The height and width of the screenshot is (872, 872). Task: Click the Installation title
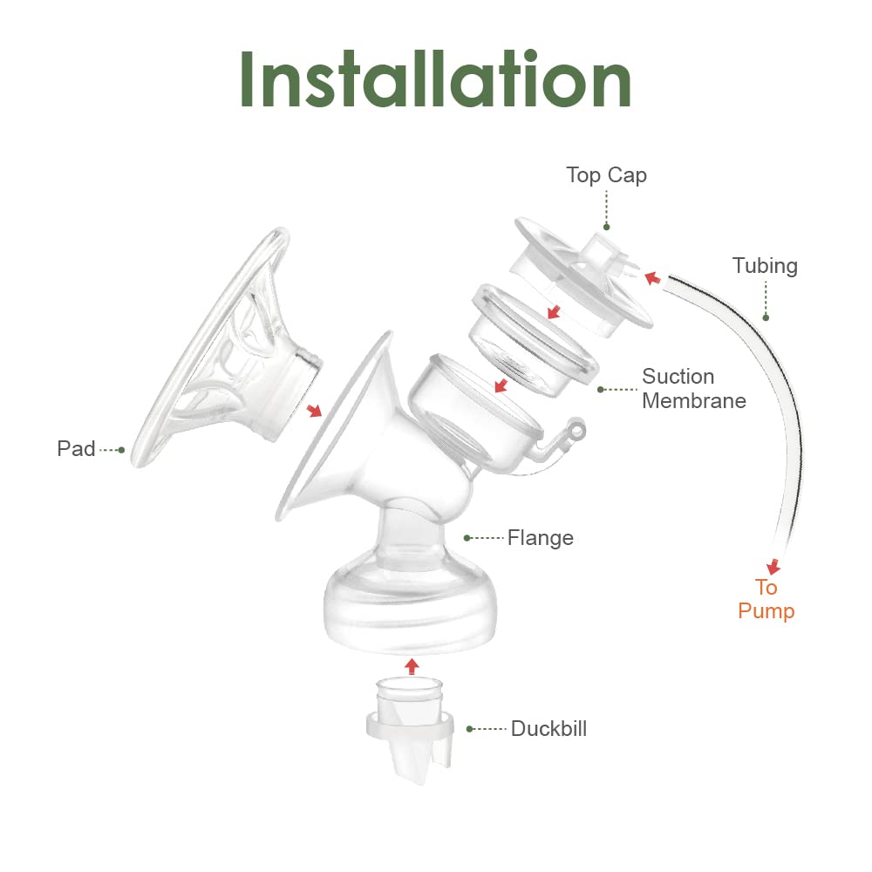click(x=435, y=80)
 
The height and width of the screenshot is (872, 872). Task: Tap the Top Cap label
click(x=606, y=174)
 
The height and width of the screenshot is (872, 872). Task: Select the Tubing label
click(x=765, y=265)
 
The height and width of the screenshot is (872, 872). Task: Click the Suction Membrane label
click(x=693, y=389)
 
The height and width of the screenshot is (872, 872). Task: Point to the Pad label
click(x=76, y=449)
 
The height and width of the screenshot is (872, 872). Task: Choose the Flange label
click(x=541, y=538)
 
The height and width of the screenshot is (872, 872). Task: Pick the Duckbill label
click(x=548, y=728)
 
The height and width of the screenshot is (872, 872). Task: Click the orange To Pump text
click(x=766, y=599)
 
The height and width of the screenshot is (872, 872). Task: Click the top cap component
click(x=584, y=275)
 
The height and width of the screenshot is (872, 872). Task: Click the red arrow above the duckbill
click(x=412, y=666)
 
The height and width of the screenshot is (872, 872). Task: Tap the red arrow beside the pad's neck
click(x=313, y=410)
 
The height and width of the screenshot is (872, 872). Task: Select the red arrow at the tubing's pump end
click(x=773, y=566)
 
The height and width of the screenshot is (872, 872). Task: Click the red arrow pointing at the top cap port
click(x=651, y=277)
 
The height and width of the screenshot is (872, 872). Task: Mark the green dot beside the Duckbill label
click(x=470, y=728)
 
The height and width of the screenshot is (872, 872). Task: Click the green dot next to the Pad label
click(x=121, y=450)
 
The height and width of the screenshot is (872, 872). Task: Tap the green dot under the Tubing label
click(x=766, y=317)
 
